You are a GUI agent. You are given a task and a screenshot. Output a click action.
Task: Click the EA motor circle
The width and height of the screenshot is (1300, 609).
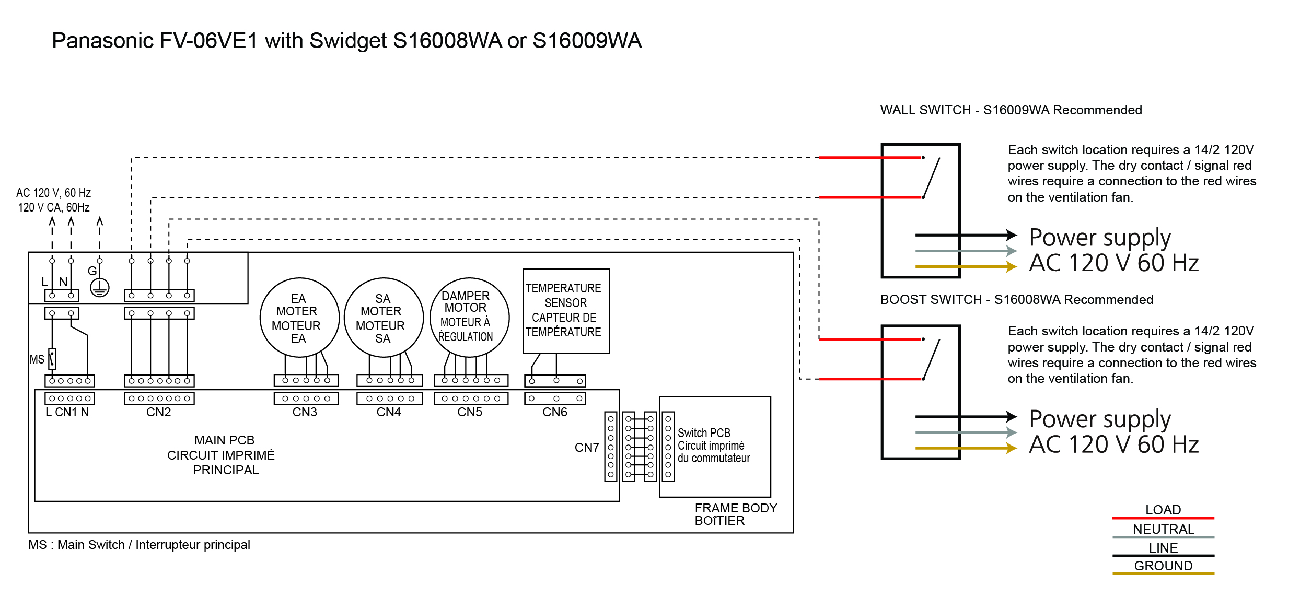click(x=299, y=318)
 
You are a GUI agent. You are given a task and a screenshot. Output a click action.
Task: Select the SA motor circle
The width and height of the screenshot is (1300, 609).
click(x=384, y=318)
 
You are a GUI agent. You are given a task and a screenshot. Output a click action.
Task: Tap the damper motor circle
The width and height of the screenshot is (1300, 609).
click(x=469, y=318)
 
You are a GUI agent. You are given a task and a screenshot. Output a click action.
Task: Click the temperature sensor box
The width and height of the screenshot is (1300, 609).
click(x=566, y=311)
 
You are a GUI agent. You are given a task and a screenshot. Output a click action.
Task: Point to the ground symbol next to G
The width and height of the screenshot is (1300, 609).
click(x=99, y=287)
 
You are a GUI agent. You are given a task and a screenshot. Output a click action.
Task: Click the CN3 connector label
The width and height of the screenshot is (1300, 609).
click(x=305, y=412)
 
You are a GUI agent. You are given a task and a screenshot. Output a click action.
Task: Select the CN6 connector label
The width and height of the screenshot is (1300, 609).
click(x=554, y=412)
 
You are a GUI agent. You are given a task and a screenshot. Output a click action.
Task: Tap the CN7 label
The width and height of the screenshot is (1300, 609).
click(x=586, y=448)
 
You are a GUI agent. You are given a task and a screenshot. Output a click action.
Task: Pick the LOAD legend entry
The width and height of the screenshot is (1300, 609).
click(x=1163, y=510)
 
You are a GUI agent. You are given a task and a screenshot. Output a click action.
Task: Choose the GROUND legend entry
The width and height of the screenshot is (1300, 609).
click(x=1163, y=566)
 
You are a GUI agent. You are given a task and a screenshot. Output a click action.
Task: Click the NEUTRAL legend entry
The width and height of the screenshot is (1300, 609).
click(x=1163, y=529)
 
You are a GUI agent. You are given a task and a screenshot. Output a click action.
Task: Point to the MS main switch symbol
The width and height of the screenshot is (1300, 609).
click(x=52, y=359)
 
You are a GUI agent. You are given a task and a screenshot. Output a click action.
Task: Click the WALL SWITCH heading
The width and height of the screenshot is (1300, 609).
click(x=1011, y=110)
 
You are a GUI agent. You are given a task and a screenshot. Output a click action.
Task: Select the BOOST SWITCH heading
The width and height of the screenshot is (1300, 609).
click(x=1016, y=300)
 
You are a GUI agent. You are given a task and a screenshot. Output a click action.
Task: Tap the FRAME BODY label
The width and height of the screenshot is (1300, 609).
click(x=735, y=508)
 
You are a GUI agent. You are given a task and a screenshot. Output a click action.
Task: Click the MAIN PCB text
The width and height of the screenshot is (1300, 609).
click(x=224, y=440)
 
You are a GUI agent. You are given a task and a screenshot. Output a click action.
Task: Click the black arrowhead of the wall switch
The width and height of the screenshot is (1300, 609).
click(x=1012, y=235)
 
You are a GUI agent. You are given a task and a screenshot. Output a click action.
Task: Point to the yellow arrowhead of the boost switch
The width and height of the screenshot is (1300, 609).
click(x=1012, y=448)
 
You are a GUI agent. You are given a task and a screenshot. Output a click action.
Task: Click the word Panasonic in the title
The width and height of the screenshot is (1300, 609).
click(x=102, y=41)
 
